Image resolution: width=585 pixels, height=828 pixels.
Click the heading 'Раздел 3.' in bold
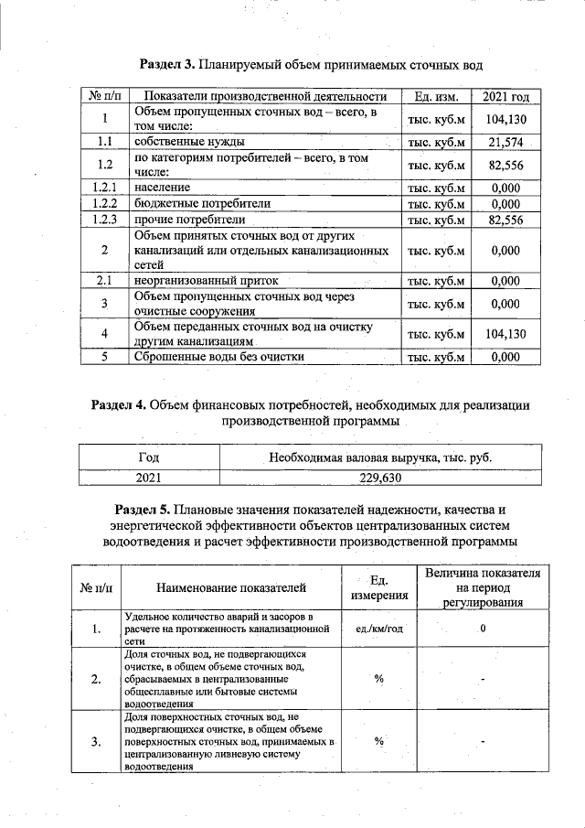tap(167, 64)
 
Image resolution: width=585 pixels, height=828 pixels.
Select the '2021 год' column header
tap(505, 97)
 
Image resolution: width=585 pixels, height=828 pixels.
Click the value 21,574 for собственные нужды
tap(505, 142)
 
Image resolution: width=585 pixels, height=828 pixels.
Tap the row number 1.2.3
tap(105, 220)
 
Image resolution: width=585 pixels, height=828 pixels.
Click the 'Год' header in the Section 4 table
tap(147, 457)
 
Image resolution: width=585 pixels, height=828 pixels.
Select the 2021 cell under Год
tap(147, 477)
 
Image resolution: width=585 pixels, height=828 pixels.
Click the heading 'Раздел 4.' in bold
tap(119, 403)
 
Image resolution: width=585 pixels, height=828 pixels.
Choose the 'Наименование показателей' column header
tap(230, 587)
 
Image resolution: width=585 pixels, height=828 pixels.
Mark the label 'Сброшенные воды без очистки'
tap(219, 358)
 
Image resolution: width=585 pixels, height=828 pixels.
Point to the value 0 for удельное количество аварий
tap(482, 629)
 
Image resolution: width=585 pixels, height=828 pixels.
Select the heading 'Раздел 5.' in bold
tap(144, 508)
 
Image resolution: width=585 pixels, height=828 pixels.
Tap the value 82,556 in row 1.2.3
tap(505, 220)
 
